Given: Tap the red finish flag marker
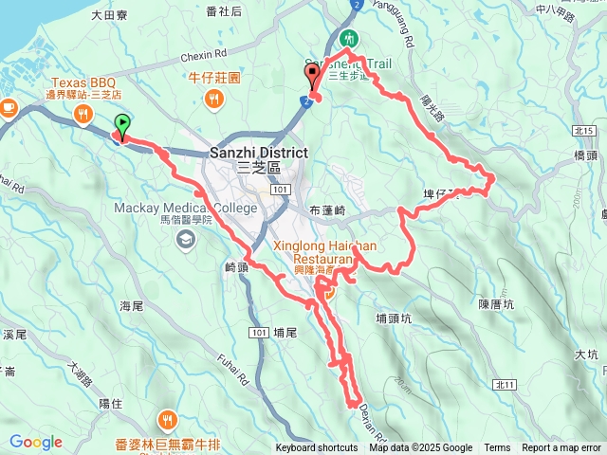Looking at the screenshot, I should point(313,84).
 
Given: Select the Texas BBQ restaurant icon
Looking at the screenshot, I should point(83,115).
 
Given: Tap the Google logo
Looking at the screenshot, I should point(36,442).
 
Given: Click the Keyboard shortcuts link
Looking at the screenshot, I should point(317,448).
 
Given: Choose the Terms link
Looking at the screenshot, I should point(497,448).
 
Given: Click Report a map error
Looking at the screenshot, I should point(561,448).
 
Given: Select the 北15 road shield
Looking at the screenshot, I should point(583,130).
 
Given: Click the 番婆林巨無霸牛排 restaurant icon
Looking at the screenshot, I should point(168,418).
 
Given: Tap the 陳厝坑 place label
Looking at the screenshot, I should point(496,304).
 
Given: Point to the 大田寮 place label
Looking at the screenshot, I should point(110,15).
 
